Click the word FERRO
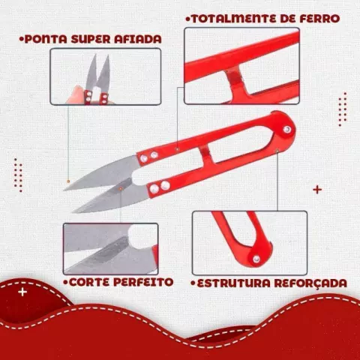[317, 17]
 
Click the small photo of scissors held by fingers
[106, 77]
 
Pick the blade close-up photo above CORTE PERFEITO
[110, 248]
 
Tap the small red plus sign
[317, 189]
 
